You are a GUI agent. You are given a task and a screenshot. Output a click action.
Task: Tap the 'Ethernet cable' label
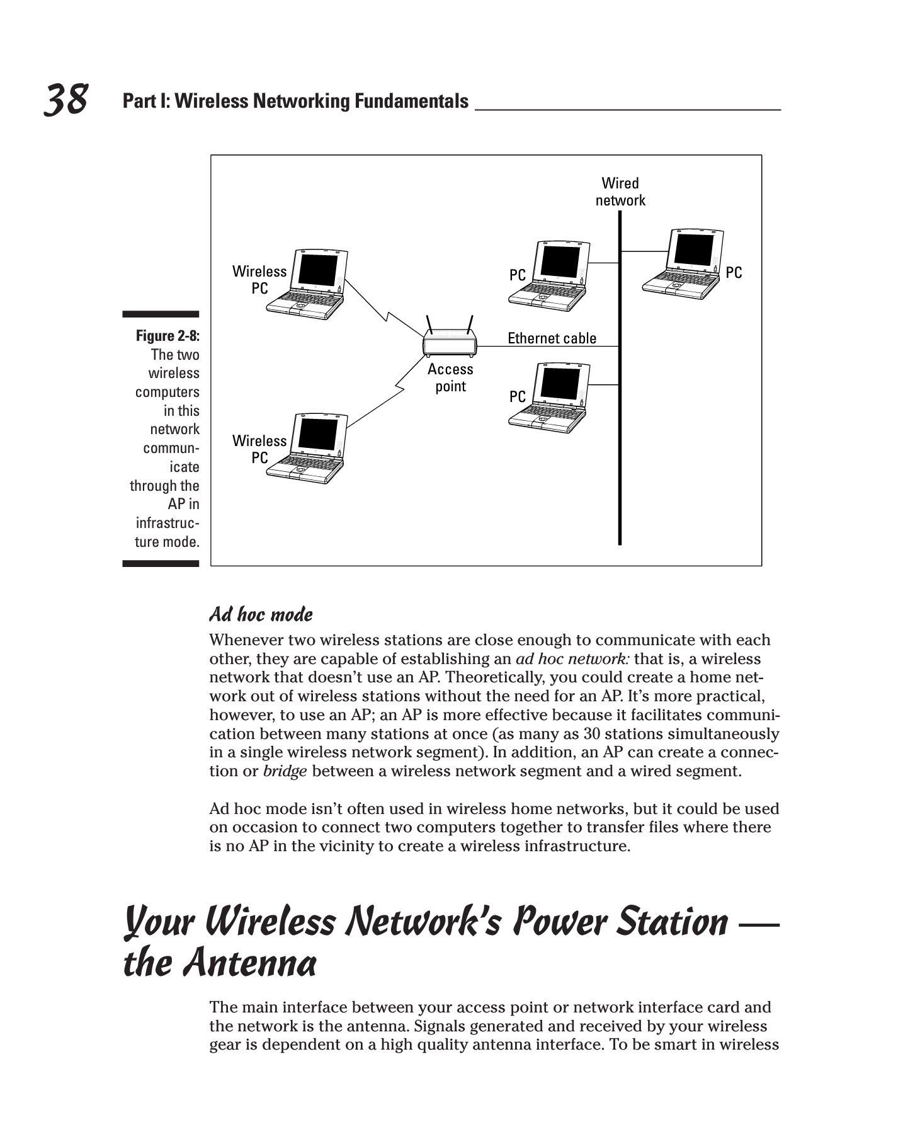[x=552, y=338]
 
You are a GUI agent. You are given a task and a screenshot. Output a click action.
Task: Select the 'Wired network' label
[x=620, y=192]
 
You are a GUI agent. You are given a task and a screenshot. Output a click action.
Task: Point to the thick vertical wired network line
[x=620, y=441]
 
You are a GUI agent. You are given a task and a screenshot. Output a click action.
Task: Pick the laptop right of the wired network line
[x=683, y=263]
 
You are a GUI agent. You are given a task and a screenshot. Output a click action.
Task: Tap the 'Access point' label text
[x=450, y=377]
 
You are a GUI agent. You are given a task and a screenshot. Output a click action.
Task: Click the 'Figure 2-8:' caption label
[x=168, y=336]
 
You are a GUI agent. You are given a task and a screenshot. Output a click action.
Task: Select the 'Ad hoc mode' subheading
[x=261, y=614]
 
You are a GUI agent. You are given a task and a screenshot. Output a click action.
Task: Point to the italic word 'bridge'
[x=285, y=771]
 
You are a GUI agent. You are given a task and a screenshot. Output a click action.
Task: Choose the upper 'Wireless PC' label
[x=259, y=280]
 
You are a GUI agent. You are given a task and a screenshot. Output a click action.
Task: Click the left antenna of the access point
[x=430, y=326]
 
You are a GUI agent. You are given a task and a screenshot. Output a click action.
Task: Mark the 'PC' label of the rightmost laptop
[x=734, y=273]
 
